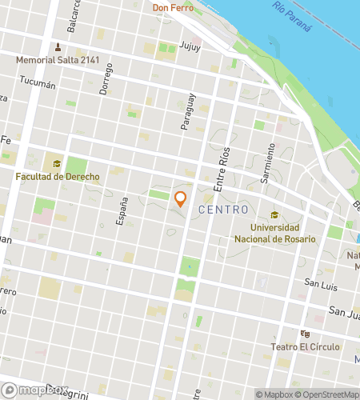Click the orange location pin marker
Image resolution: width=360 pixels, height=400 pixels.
(x=181, y=198)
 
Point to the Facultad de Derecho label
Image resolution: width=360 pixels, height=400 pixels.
(x=58, y=177)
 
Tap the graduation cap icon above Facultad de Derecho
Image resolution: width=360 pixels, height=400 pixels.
(x=57, y=165)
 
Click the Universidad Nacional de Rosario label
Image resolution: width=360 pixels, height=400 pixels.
(x=274, y=233)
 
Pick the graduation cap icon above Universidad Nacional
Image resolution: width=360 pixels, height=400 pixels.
(x=274, y=215)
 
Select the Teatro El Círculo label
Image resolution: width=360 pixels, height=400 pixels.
(x=308, y=346)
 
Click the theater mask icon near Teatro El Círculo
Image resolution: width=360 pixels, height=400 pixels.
(x=304, y=334)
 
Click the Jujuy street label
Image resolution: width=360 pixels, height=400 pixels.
(x=191, y=47)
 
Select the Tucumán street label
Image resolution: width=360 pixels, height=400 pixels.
(x=37, y=83)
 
